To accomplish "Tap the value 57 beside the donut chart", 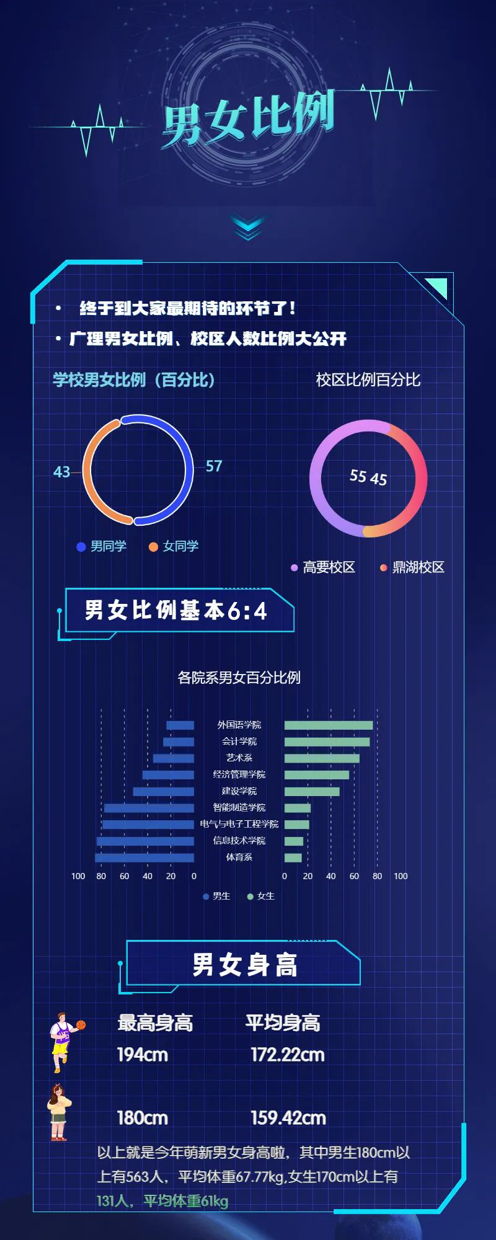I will point(214,466).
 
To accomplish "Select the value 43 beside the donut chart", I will point(61,472).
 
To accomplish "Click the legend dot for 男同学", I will point(81,547).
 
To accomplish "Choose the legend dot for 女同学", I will point(153,547).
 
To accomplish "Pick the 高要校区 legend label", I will point(329,567).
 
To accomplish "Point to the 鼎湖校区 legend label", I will point(418,567).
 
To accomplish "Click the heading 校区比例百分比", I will point(368,379).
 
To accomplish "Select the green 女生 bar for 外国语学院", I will point(329,725).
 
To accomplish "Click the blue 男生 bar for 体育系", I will point(144,857).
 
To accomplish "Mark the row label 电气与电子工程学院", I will point(239,824).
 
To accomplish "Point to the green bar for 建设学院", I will point(312,792).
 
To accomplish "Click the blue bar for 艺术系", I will point(174,758).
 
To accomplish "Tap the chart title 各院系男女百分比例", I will point(239,678).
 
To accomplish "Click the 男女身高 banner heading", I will point(244,965).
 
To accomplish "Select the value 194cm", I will point(143,1055).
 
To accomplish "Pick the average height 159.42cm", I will point(288,1118).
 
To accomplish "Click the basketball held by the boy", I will point(81,1025).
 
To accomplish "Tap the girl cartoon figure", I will point(59,1113).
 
